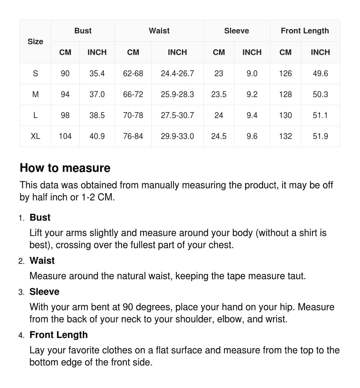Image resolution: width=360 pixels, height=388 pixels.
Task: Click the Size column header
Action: [x=35, y=41]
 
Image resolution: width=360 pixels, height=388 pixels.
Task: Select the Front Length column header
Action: [x=305, y=31]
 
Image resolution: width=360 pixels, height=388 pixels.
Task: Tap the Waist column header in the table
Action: [x=159, y=31]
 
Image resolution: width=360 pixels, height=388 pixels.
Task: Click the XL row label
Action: [x=35, y=136]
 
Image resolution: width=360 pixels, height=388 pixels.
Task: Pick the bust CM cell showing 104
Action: [x=65, y=136]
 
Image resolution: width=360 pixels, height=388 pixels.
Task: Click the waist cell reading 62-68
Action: [x=133, y=74]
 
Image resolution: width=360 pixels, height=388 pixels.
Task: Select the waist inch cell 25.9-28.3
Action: [x=177, y=95]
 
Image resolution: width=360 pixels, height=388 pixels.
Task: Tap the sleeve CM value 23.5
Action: [x=219, y=95]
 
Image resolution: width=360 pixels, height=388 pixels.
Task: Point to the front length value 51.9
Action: [x=320, y=136]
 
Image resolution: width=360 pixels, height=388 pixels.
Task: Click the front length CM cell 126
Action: [x=285, y=74]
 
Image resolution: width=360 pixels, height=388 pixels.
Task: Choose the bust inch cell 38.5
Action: [x=97, y=115]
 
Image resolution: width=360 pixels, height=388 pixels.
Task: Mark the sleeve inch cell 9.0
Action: [x=252, y=74]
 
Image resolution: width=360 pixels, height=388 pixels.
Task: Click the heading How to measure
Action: [x=65, y=168]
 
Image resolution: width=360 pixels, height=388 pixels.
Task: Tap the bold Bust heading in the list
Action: [x=40, y=218]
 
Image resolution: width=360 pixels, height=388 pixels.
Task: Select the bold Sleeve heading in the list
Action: [x=44, y=292]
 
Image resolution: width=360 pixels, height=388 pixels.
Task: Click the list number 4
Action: [x=21, y=335]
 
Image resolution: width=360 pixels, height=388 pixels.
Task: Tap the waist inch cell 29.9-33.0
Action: [x=177, y=136]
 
